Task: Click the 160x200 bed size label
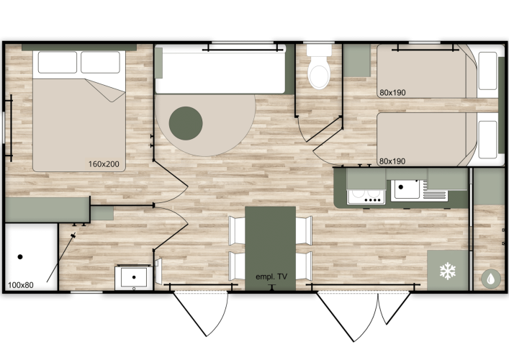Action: click(104, 164)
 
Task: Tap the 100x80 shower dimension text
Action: click(21, 285)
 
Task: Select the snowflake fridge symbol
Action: click(448, 271)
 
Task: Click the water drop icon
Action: click(491, 279)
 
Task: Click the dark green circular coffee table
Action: click(186, 123)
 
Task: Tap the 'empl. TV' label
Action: click(271, 276)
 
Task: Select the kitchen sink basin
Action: click(406, 189)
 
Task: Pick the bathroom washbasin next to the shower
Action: click(134, 277)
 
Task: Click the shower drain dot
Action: click(20, 257)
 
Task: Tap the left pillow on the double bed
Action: click(58, 63)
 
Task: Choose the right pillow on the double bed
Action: click(100, 63)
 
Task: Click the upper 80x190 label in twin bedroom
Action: click(392, 93)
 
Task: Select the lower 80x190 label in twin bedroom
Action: click(392, 161)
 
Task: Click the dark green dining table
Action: click(271, 248)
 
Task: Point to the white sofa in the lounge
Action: click(220, 69)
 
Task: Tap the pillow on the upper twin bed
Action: click(487, 71)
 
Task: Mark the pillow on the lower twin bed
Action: click(487, 139)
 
